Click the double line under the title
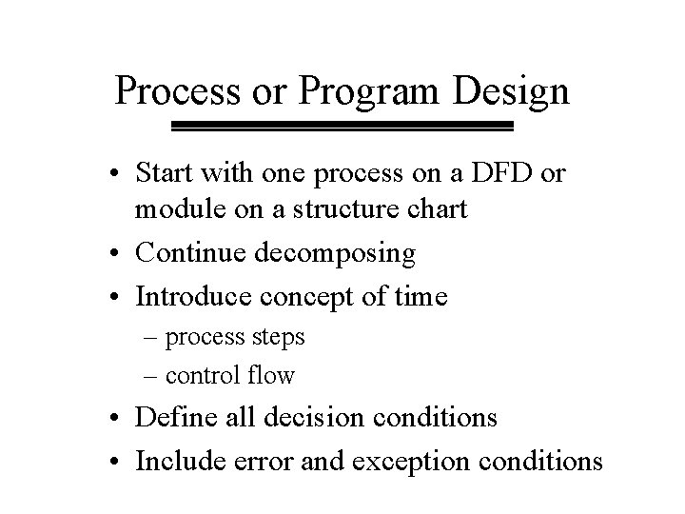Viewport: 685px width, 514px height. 342,126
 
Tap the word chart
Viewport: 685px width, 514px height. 439,208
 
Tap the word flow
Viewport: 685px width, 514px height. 273,375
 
